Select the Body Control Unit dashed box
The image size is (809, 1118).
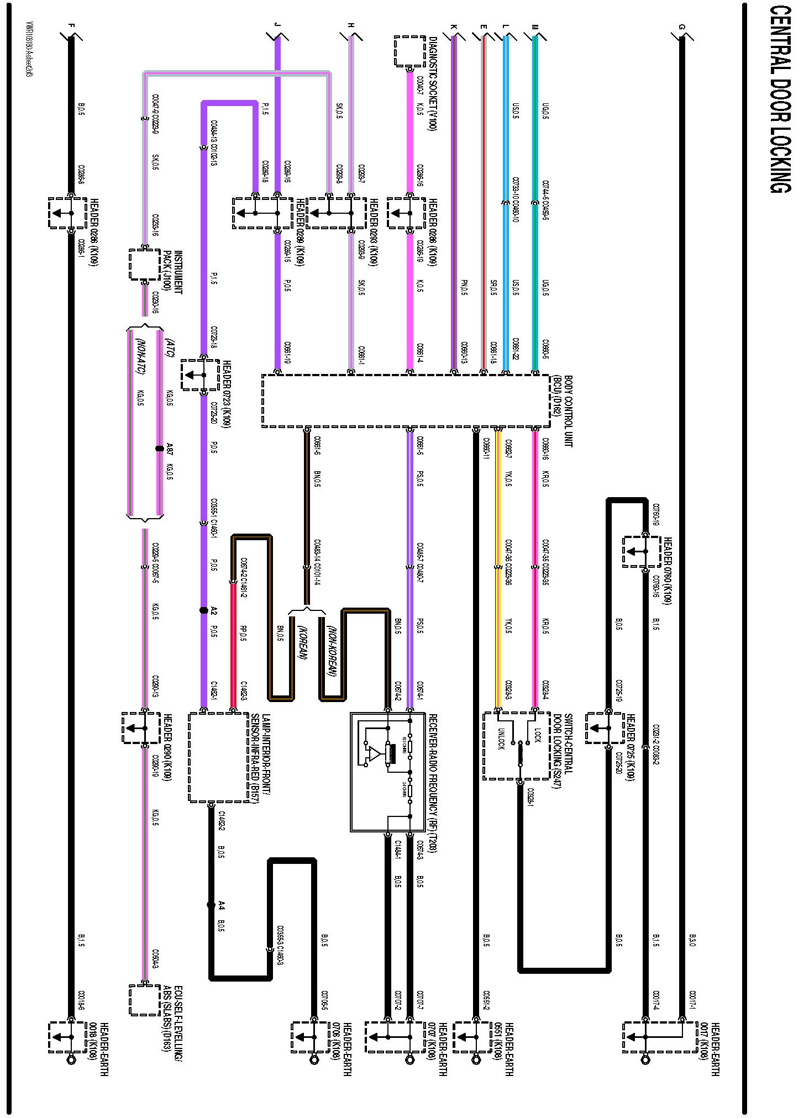(x=406, y=401)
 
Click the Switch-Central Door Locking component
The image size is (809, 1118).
(x=516, y=746)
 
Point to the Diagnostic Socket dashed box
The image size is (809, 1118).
(x=409, y=51)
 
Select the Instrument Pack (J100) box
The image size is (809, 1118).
(x=145, y=265)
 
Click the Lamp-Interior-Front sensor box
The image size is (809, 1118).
(x=218, y=757)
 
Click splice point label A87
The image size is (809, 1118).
(x=170, y=448)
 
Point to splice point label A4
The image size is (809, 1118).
(x=221, y=905)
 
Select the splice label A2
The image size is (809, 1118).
(x=214, y=610)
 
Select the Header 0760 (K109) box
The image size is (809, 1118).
(x=642, y=551)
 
